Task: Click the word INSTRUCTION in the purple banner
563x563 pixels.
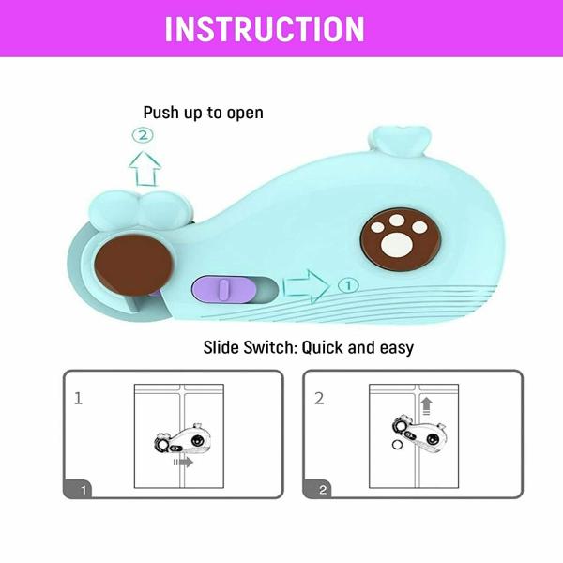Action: click(265, 29)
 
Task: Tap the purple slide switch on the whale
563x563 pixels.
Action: click(224, 289)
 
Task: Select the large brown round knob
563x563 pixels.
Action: click(134, 265)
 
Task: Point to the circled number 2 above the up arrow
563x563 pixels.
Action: click(143, 135)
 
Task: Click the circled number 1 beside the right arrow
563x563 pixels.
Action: click(348, 285)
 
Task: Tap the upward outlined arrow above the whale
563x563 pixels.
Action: click(145, 168)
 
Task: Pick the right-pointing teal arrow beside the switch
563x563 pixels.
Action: click(306, 286)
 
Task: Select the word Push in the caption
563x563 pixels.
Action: click(161, 113)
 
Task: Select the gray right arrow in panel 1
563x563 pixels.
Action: click(184, 462)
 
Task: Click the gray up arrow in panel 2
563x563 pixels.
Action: click(426, 406)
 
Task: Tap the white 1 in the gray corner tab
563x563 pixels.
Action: click(84, 490)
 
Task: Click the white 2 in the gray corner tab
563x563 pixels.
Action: click(323, 490)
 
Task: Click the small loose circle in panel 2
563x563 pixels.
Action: click(397, 445)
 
